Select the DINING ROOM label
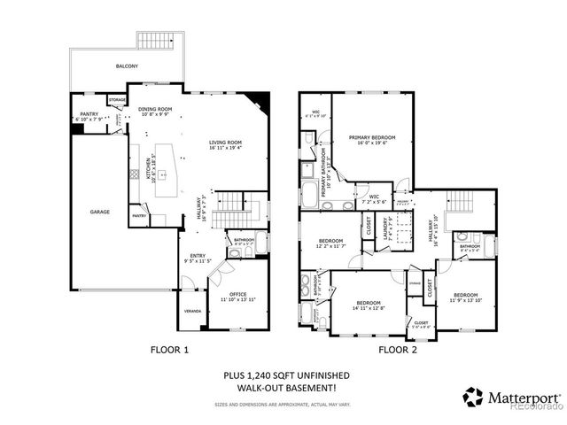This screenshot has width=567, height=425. pos(157,109)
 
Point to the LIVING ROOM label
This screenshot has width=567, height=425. pos(227,143)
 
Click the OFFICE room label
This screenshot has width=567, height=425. pos(237,294)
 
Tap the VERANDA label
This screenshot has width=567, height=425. pos(192,312)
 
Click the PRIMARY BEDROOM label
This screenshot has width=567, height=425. pos(371,138)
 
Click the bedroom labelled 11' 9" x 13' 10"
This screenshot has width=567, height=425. pos(465,295)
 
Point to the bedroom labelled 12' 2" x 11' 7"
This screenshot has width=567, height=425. pos(330,242)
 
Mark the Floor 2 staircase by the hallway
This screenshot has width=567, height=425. pos(459,202)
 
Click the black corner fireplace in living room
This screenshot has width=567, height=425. pos(258,100)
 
